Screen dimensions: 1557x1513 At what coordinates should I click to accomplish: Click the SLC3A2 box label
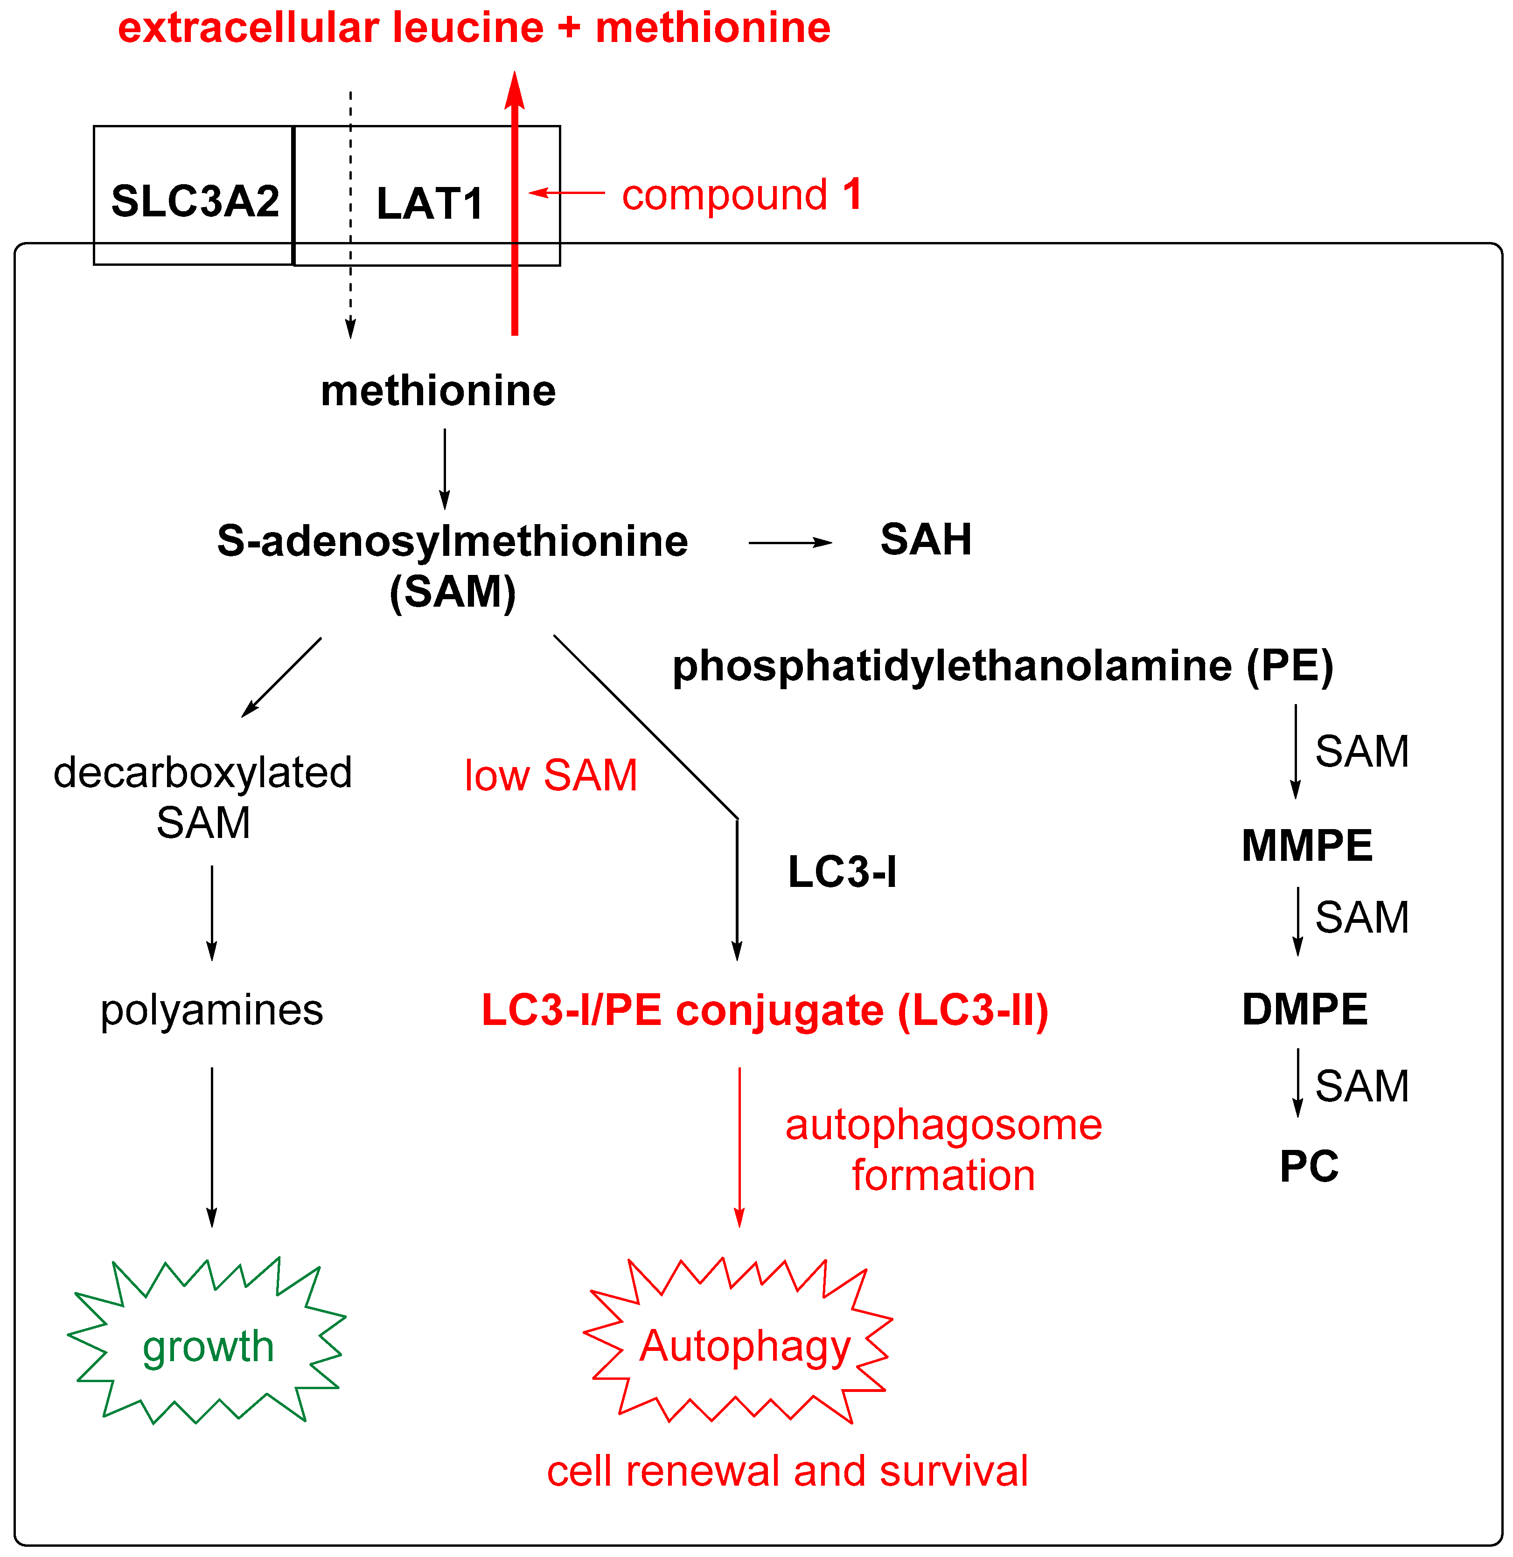click(195, 201)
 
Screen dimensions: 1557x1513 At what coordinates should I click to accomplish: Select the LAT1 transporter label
click(429, 203)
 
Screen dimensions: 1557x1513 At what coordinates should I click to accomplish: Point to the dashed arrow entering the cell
click(350, 215)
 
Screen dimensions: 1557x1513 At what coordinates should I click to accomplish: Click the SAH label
click(926, 540)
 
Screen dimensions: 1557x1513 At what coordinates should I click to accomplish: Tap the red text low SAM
click(551, 775)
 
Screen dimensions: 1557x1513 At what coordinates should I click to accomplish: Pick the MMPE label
click(1307, 845)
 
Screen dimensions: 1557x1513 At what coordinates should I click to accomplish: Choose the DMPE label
click(1305, 1010)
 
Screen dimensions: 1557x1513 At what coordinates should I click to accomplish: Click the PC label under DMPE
click(1309, 1166)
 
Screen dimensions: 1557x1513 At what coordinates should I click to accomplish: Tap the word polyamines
click(211, 1010)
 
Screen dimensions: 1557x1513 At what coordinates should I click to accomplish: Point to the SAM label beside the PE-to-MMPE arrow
click(1362, 752)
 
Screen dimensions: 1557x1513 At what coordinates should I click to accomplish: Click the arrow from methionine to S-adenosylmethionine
click(444, 469)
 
